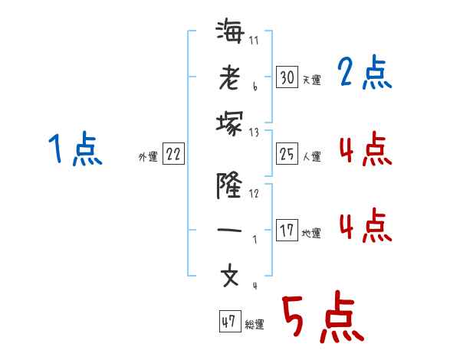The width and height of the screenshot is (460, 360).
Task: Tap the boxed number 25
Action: tap(287, 154)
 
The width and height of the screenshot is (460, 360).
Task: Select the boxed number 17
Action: tap(287, 231)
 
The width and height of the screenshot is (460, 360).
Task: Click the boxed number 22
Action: tap(173, 154)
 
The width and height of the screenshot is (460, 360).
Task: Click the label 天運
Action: tap(311, 80)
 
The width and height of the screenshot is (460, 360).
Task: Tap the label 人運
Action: tap(311, 157)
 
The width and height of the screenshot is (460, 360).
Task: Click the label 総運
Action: tap(255, 325)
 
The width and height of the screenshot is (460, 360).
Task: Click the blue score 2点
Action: tap(365, 74)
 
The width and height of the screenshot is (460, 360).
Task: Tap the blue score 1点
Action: tap(75, 149)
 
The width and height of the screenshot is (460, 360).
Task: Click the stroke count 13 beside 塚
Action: tap(254, 132)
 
